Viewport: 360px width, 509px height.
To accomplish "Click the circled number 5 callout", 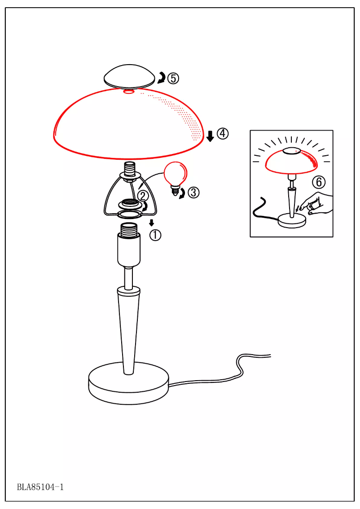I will (x=173, y=79).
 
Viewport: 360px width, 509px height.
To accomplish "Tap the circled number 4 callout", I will (x=223, y=133).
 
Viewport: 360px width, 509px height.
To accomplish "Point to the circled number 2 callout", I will (x=142, y=196).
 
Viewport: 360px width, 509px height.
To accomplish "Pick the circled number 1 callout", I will (x=155, y=235).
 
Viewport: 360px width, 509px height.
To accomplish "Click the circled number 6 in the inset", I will (x=318, y=182).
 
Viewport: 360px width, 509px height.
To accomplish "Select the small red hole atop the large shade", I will (x=129, y=92).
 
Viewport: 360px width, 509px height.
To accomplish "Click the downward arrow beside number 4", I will (x=210, y=136).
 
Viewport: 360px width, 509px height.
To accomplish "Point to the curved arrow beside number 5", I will (x=161, y=79).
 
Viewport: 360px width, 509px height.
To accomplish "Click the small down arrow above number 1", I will (x=152, y=223).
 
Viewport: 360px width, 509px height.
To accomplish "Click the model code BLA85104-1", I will (x=40, y=487).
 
